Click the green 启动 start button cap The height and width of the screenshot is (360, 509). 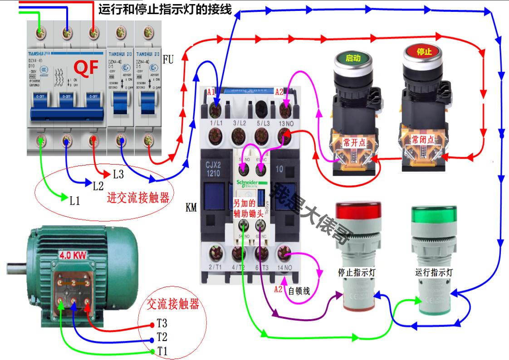pos(353,58)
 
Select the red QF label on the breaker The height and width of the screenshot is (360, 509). pos(86,68)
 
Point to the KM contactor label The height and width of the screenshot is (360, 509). pos(191,208)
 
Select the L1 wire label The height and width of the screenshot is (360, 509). pos(75,200)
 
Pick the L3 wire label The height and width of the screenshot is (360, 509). pos(118,174)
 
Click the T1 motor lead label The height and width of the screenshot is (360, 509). pos(162,351)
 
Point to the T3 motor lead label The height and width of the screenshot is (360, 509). pos(162,324)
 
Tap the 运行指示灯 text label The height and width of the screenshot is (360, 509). pos(434,273)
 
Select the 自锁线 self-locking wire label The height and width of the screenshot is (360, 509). pos(299,291)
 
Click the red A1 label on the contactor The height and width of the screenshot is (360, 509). pos(211,92)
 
